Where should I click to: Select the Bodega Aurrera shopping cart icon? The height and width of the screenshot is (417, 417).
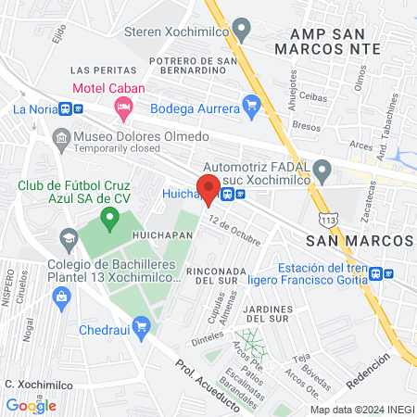coord(251,107)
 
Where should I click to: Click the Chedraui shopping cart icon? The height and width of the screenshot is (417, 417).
coord(141,326)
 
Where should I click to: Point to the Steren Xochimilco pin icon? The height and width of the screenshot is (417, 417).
coord(242,29)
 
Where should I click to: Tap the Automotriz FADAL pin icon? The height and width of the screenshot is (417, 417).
coord(322,171)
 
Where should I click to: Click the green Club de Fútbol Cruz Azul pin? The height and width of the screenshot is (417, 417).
coord(110,220)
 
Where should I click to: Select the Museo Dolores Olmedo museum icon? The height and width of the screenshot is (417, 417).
coord(61,138)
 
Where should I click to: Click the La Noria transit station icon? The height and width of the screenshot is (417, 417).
coord(65,108)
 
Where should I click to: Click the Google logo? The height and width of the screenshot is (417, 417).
coord(31,405)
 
